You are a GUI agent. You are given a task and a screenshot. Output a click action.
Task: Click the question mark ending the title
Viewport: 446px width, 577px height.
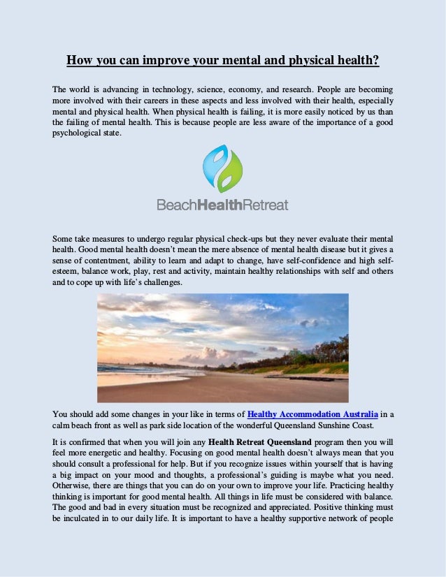click(x=376, y=60)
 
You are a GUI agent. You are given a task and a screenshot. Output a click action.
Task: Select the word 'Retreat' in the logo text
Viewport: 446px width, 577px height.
click(x=266, y=205)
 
